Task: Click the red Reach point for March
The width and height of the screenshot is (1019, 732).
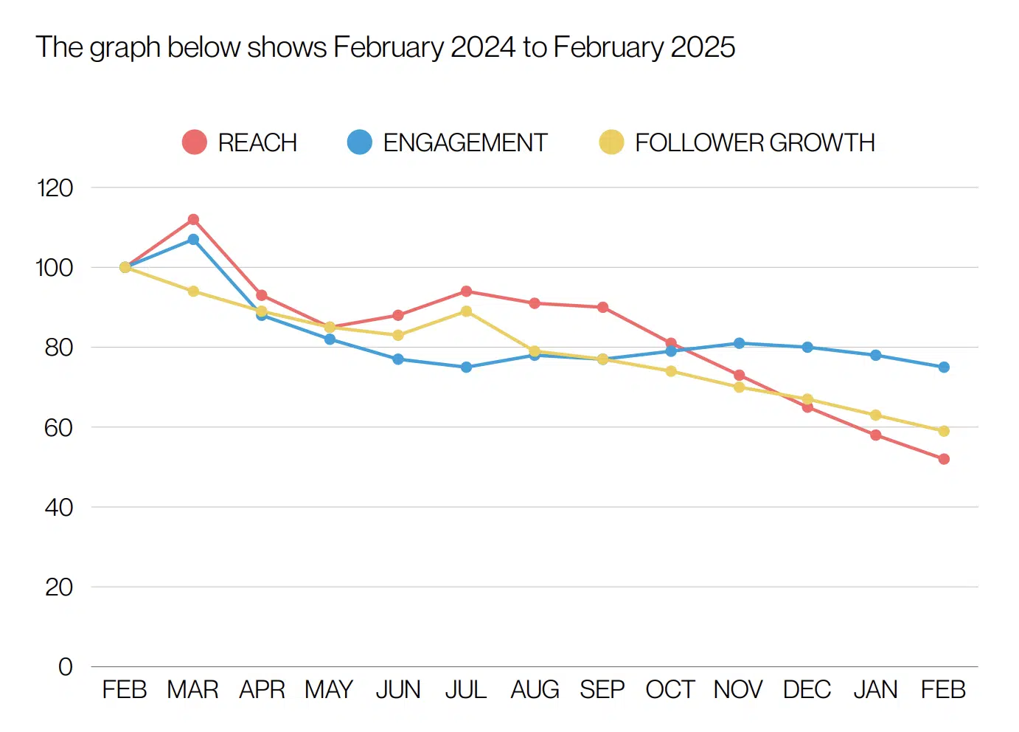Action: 193,220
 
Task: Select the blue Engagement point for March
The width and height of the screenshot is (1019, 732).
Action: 193,240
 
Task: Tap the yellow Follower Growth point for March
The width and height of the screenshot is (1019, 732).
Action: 193,291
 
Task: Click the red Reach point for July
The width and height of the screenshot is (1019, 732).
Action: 466,291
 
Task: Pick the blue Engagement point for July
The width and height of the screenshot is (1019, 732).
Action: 466,367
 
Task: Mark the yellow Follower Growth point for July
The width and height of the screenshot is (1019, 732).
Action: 466,311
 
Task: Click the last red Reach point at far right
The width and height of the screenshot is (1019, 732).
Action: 944,459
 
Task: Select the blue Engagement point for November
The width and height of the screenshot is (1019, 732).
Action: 739,343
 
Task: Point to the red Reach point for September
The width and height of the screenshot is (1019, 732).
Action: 602,307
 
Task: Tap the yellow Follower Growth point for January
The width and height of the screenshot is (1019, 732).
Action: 875,415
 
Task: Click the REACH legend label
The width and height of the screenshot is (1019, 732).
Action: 257,142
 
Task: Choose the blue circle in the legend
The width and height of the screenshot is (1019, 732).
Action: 360,142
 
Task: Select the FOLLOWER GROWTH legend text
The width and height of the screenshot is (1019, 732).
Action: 754,142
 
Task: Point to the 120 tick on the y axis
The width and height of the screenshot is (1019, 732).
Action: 55,188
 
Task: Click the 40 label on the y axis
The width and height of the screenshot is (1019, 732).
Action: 58,508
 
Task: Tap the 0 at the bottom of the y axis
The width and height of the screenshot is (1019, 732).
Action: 66,667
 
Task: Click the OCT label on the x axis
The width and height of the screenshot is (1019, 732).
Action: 670,690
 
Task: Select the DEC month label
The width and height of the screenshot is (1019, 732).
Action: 807,690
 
